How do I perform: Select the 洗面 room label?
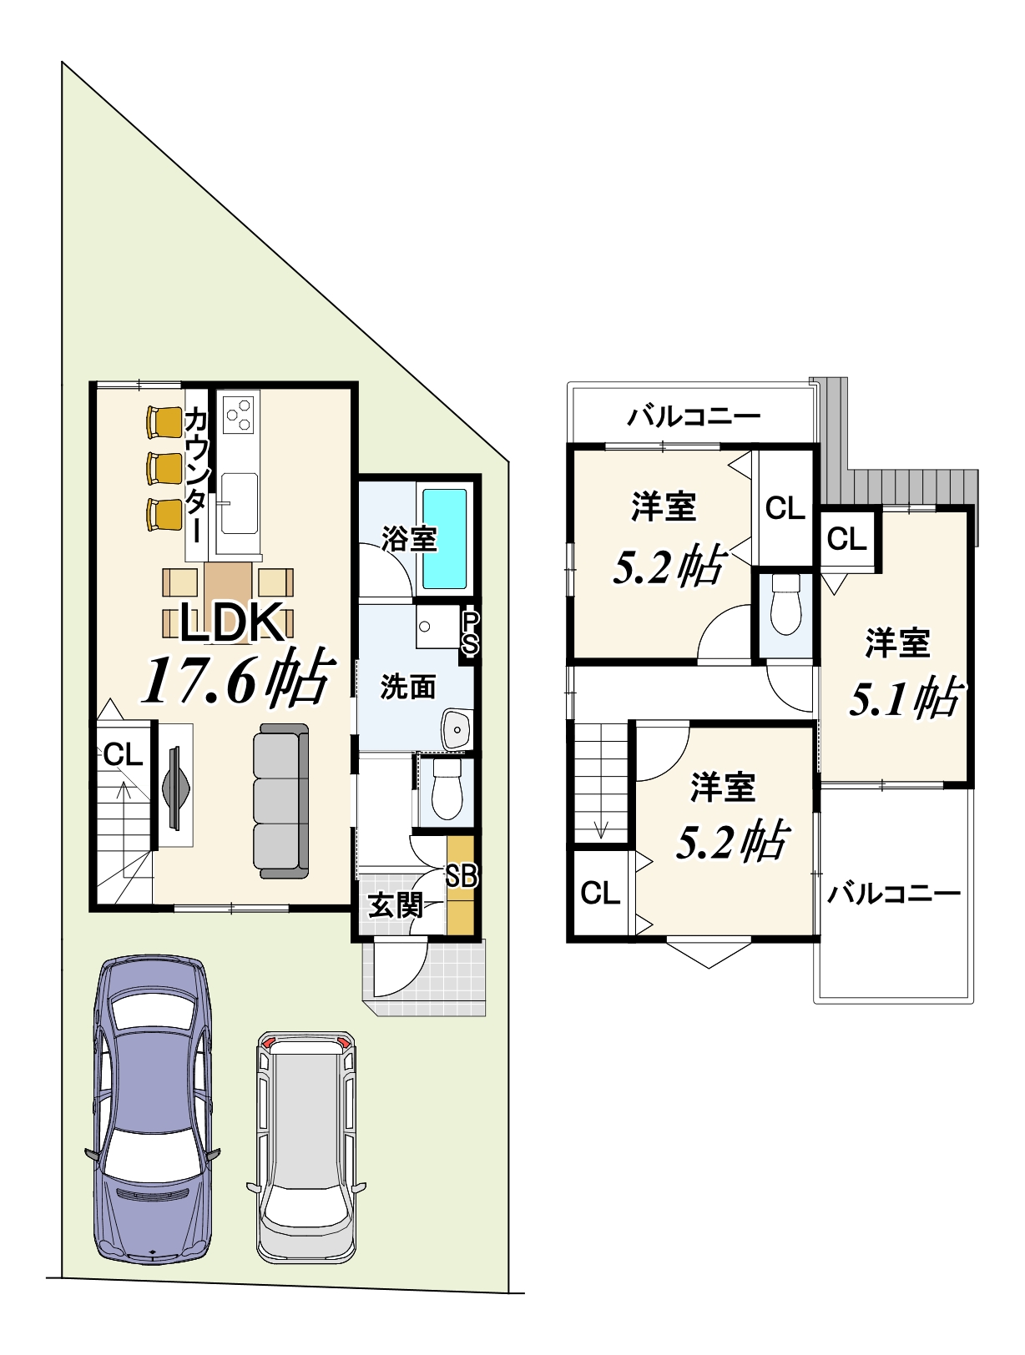pos(407,687)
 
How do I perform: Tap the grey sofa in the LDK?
pos(281,801)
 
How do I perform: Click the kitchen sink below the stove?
pos(239,502)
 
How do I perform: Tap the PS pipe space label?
pos(470,632)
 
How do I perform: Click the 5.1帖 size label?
pos(905,697)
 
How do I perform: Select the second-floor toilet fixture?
pos(785,605)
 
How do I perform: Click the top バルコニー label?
pos(694,416)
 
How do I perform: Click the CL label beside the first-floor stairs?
pos(123,754)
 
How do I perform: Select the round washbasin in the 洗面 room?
pos(457,729)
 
